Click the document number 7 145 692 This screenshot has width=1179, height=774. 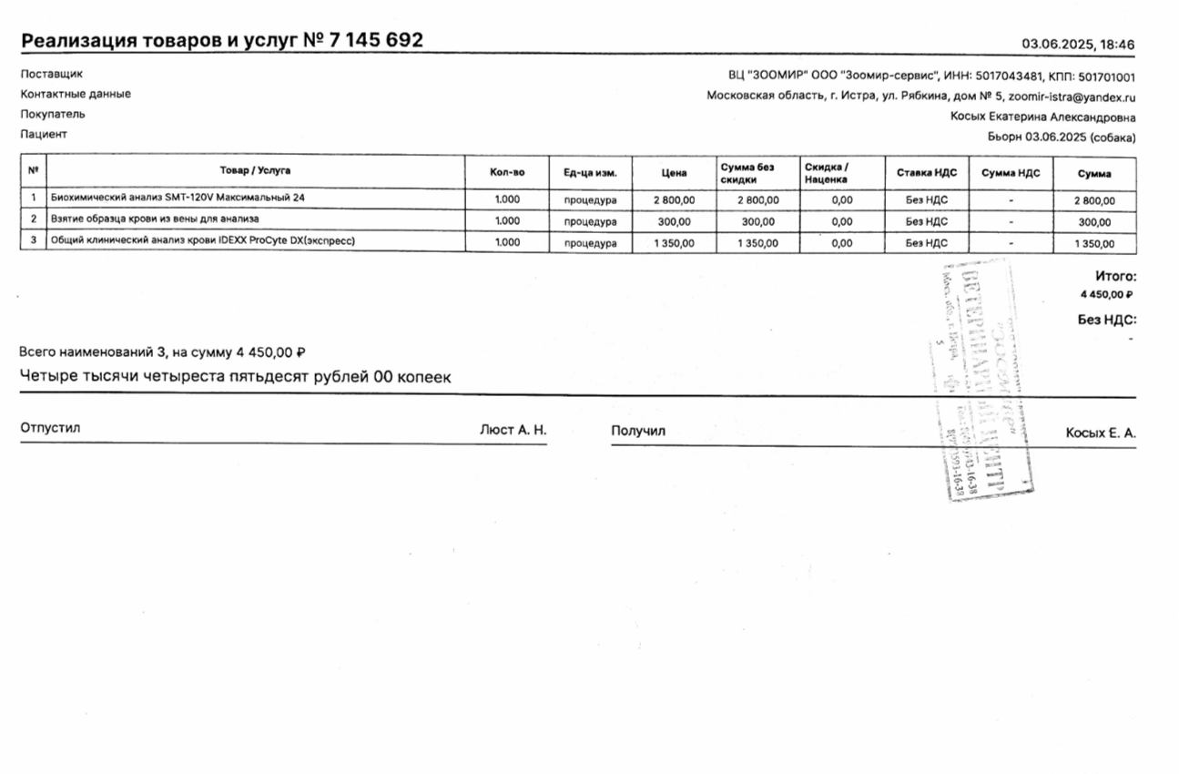coord(375,41)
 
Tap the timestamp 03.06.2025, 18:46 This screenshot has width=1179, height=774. coord(1078,44)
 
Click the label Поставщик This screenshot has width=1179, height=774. coord(51,75)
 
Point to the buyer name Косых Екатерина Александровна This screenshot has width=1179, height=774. coord(1042,117)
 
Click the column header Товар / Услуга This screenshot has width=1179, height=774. coord(255,171)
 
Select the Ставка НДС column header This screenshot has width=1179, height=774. coord(926,173)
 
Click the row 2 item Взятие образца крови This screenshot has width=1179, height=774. coord(155,219)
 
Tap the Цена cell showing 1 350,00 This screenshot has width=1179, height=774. coord(674,243)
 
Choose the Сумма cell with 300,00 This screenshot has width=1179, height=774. coord(1093,221)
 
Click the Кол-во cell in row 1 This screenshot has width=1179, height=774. coord(507,199)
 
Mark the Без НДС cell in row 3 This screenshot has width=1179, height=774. coord(926,243)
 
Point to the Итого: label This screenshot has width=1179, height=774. coord(1115,275)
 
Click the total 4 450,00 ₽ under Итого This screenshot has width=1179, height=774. coord(1105,294)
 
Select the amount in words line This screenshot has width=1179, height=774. coord(235,377)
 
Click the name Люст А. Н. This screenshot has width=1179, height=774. coord(513,430)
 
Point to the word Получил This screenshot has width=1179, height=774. coord(638,431)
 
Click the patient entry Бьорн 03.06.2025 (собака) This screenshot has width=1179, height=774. coord(1061,137)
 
